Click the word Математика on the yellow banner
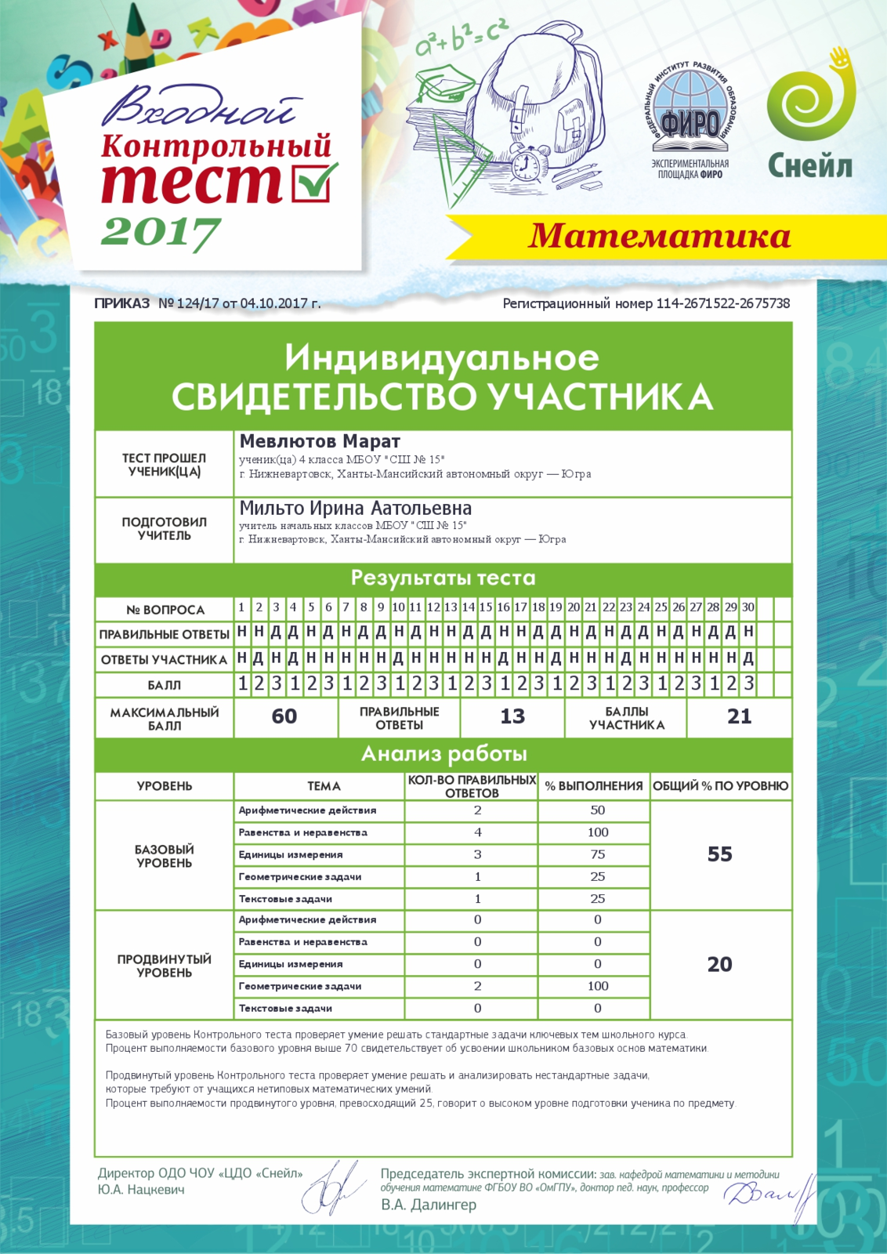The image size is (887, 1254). pyautogui.click(x=659, y=236)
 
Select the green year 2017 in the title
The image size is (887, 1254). pyautogui.click(x=161, y=231)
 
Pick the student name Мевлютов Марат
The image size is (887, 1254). pyautogui.click(x=320, y=441)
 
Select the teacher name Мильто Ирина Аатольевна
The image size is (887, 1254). pyautogui.click(x=356, y=508)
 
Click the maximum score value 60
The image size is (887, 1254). pyautogui.click(x=284, y=716)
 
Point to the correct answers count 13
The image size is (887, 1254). pyautogui.click(x=512, y=716)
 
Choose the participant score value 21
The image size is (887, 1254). pyautogui.click(x=739, y=716)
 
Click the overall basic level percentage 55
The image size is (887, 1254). pyautogui.click(x=719, y=854)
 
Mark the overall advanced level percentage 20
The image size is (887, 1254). pyautogui.click(x=719, y=964)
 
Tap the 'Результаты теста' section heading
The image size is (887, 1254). pyautogui.click(x=443, y=578)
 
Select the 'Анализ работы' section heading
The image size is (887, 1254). pyautogui.click(x=443, y=754)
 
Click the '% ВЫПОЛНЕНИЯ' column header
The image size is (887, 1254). pyautogui.click(x=594, y=786)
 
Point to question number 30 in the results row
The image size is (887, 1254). pyautogui.click(x=748, y=607)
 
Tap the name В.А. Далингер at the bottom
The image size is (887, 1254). pyautogui.click(x=429, y=1205)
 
